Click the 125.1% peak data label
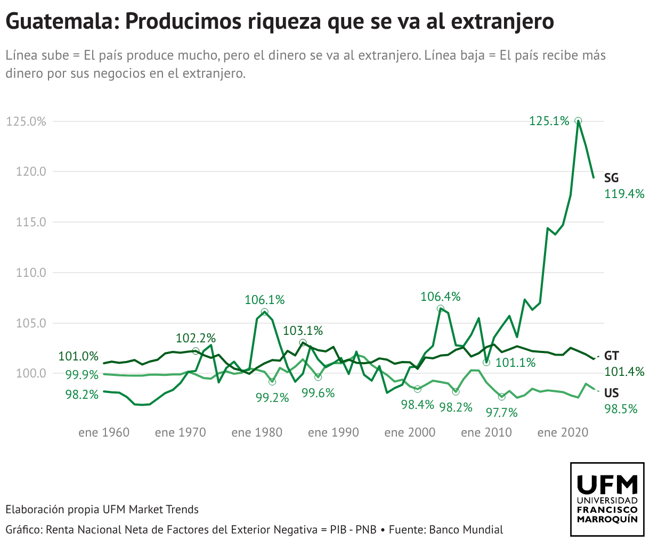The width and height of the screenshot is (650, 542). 549,121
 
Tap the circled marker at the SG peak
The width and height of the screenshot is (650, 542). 578,121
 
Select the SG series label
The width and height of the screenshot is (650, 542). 612,178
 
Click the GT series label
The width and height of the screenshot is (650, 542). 612,356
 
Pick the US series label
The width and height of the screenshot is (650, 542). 612,393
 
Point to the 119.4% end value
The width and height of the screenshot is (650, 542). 624,194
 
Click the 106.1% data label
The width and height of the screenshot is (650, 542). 265,300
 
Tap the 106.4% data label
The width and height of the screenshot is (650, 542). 441,297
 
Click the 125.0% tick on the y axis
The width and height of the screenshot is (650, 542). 26,121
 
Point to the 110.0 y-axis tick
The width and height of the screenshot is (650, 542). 31,273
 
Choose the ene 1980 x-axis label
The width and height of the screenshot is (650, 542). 257,432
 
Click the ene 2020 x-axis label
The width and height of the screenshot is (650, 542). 563,432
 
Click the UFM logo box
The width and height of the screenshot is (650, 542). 607,499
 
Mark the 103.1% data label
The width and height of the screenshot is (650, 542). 303,331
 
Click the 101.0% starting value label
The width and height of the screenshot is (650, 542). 78,357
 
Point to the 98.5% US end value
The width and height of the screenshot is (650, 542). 621,409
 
